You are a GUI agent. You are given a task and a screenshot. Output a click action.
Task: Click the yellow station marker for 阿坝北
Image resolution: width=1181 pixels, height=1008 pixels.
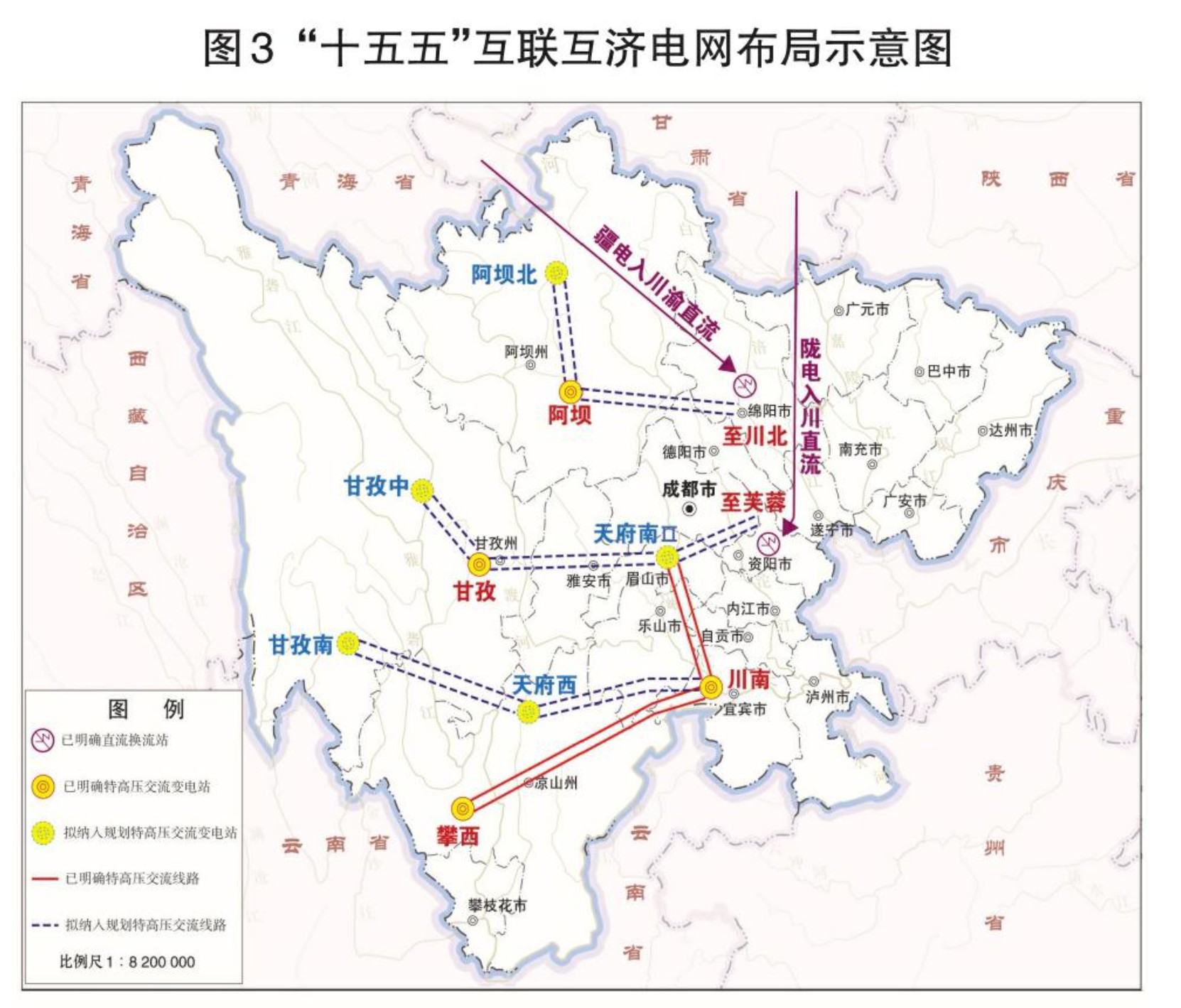(556, 272)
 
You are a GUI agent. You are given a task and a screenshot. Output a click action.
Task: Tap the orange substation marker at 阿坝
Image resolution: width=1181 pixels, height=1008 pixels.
(571, 391)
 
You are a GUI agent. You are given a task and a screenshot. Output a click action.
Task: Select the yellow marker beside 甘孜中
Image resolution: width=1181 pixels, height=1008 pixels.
(422, 489)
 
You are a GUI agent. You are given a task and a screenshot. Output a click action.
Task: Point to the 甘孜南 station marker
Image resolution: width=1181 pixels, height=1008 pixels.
(347, 644)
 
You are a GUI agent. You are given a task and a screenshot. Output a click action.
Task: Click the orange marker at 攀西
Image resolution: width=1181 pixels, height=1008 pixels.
(463, 808)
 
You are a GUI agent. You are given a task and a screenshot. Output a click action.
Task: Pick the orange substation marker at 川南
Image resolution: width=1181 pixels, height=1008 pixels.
(711, 686)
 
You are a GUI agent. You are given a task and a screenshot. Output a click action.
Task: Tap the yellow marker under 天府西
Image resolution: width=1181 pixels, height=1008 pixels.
(528, 711)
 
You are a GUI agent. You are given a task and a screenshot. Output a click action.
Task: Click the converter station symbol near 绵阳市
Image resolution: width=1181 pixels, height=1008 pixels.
(745, 385)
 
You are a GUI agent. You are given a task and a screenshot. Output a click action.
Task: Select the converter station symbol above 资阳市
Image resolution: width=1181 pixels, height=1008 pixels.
(768, 543)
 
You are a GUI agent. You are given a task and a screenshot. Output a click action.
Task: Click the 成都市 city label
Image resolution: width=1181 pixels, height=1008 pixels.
(689, 489)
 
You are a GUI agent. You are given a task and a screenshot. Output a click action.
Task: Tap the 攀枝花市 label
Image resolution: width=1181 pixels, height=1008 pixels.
(497, 906)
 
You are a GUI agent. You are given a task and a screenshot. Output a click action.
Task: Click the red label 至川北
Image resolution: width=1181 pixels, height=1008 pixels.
(754, 436)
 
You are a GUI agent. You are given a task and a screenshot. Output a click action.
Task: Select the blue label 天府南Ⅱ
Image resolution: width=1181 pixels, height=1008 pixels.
(635, 533)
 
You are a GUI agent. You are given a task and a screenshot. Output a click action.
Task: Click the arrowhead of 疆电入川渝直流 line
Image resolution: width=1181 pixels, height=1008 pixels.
(728, 364)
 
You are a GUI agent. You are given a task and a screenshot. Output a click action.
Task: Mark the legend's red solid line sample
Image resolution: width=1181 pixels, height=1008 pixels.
(45, 879)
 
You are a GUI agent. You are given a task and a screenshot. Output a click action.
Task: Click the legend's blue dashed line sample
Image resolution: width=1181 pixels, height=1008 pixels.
(45, 925)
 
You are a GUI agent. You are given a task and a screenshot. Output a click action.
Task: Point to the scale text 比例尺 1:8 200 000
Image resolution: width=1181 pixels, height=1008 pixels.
(127, 962)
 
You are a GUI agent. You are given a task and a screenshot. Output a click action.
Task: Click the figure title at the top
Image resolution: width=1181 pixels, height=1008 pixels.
(577, 48)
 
